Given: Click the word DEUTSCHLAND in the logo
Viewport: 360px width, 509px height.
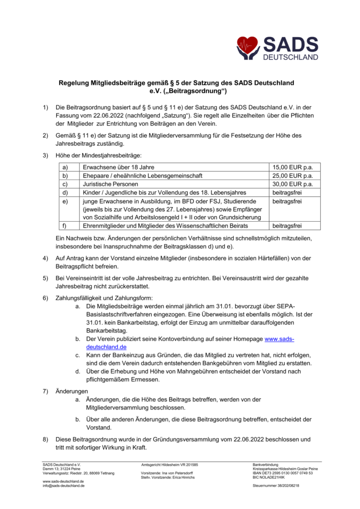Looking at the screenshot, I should point(291,57).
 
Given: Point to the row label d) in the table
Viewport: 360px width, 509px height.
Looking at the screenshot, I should point(64,192).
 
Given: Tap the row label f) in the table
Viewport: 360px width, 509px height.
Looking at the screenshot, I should point(64,226).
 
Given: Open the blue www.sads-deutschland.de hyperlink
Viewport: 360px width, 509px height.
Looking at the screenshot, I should point(279,339).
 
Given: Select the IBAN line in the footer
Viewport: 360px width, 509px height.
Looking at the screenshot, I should point(282,473).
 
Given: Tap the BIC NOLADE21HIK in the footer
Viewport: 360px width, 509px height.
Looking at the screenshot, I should point(270,477).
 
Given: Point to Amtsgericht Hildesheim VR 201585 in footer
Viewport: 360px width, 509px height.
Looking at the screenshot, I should point(170,465).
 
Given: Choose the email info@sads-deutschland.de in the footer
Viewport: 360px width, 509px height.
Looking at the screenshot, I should point(64,486).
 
